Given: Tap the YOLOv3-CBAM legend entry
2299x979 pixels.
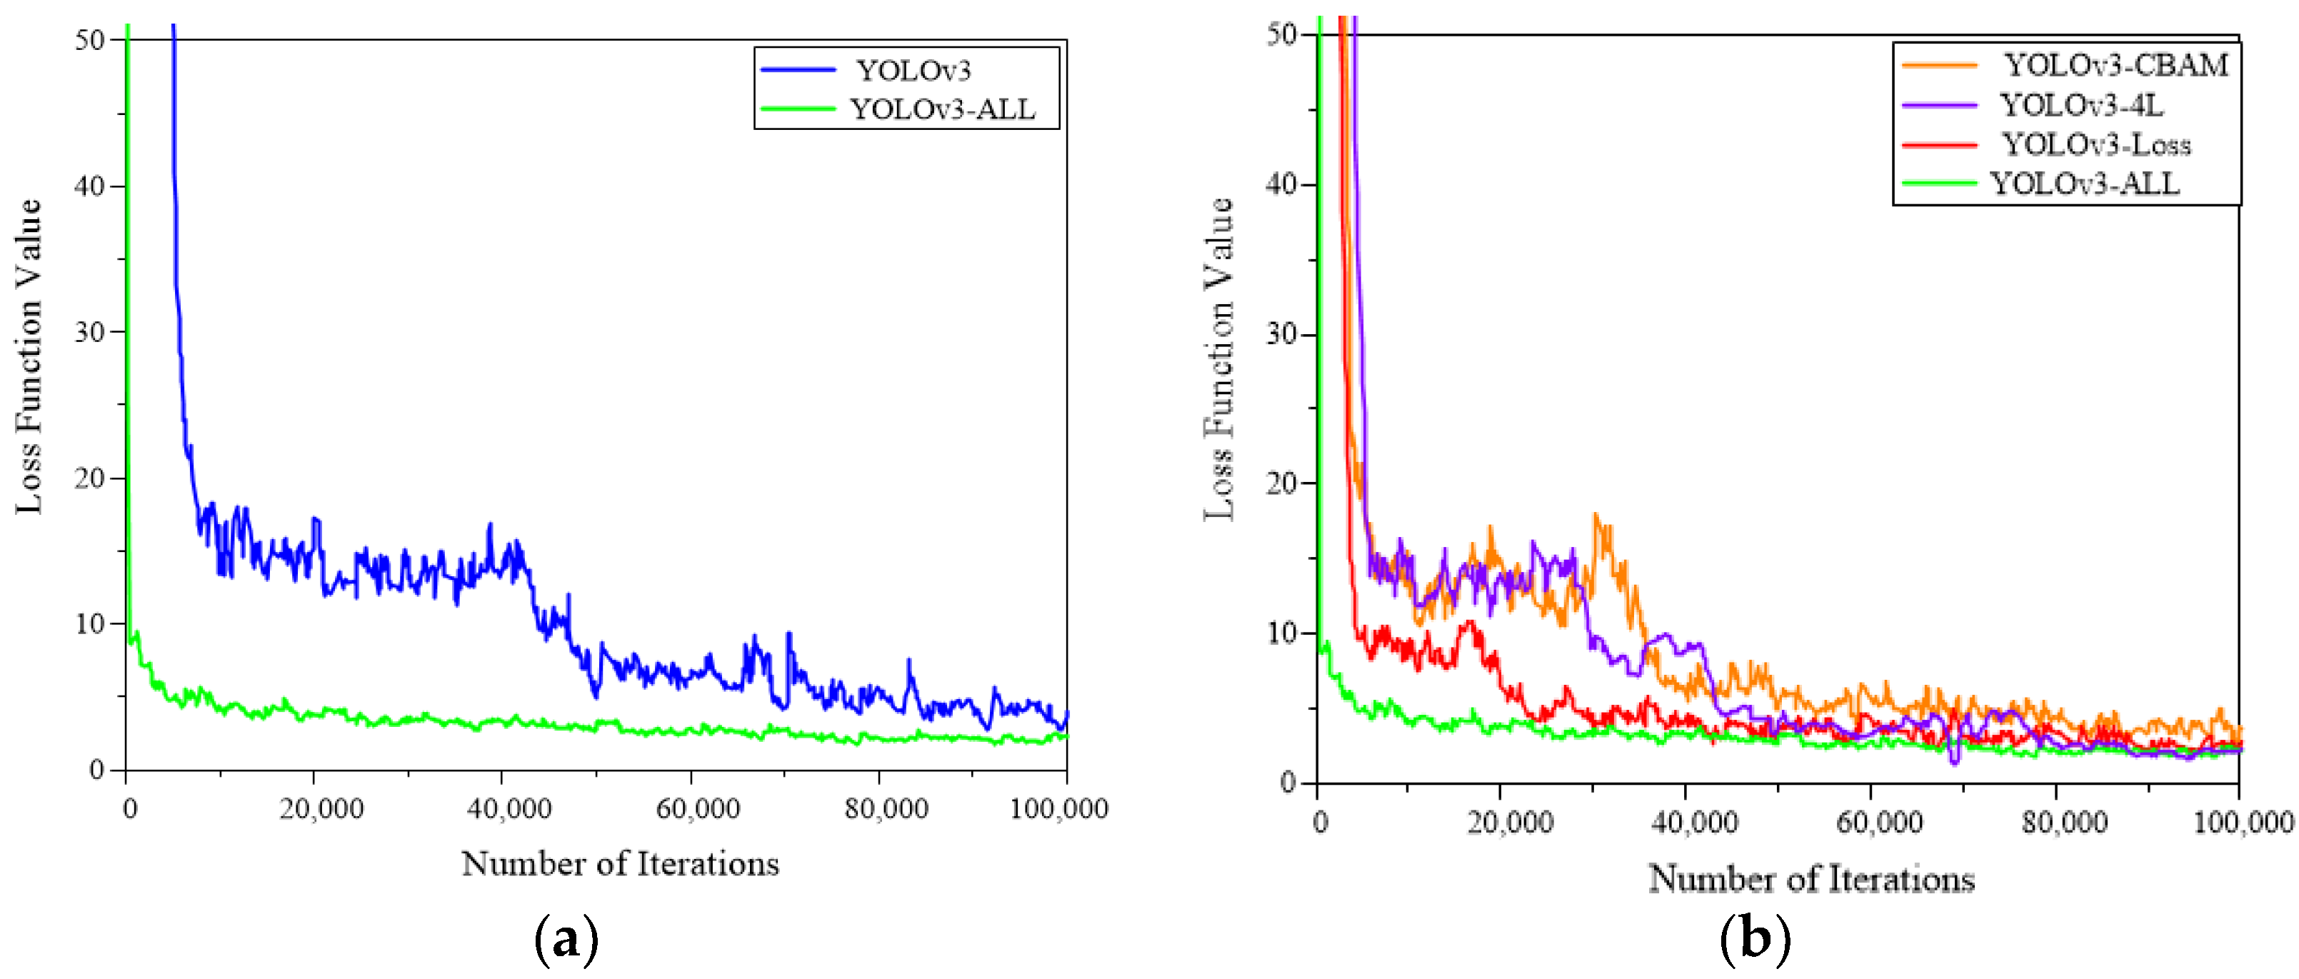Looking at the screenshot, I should pos(2116,65).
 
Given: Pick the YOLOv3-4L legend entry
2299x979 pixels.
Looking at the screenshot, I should pos(2080,105).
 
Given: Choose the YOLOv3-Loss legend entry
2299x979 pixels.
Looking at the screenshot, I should pos(2095,144).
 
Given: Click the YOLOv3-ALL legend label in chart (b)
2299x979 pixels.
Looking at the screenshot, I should pos(2084,184).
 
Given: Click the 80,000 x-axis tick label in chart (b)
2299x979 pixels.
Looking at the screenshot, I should pos(2064,822).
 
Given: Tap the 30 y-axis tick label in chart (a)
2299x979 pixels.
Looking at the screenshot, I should pos(89,332).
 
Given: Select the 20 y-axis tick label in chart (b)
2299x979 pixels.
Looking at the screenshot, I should pos(1281,483).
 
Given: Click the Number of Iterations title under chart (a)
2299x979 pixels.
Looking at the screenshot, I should pos(620,864).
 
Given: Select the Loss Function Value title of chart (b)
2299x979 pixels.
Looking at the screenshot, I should pos(1219,358).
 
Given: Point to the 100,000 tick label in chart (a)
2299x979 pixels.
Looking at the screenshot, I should pos(1058,808).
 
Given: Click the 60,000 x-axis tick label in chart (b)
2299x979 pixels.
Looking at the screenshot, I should pos(1878,822).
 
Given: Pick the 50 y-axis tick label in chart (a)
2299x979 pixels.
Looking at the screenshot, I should pos(89,40).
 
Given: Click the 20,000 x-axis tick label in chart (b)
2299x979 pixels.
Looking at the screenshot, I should pos(1510,822).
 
